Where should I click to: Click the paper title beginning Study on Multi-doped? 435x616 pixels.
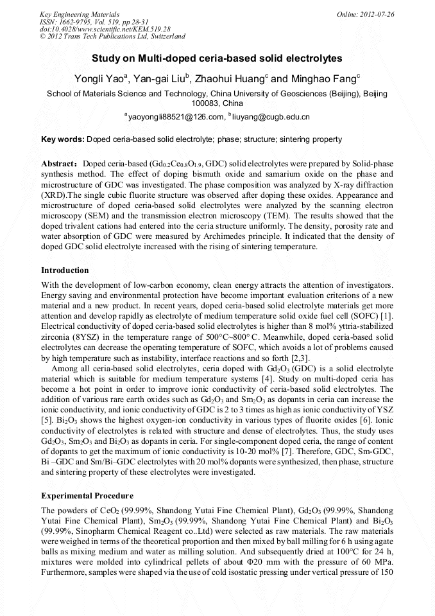coord(217,58)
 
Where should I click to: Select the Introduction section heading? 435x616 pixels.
coord(65,270)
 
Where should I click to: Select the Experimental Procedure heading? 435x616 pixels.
coord(87,496)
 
